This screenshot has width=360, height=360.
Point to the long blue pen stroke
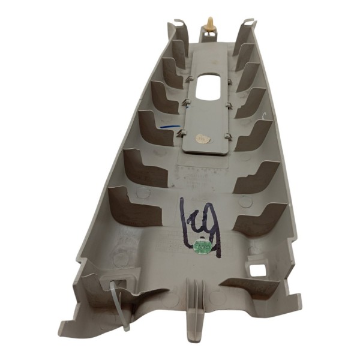click(172, 127)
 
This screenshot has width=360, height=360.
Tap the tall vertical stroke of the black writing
click(184, 220)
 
